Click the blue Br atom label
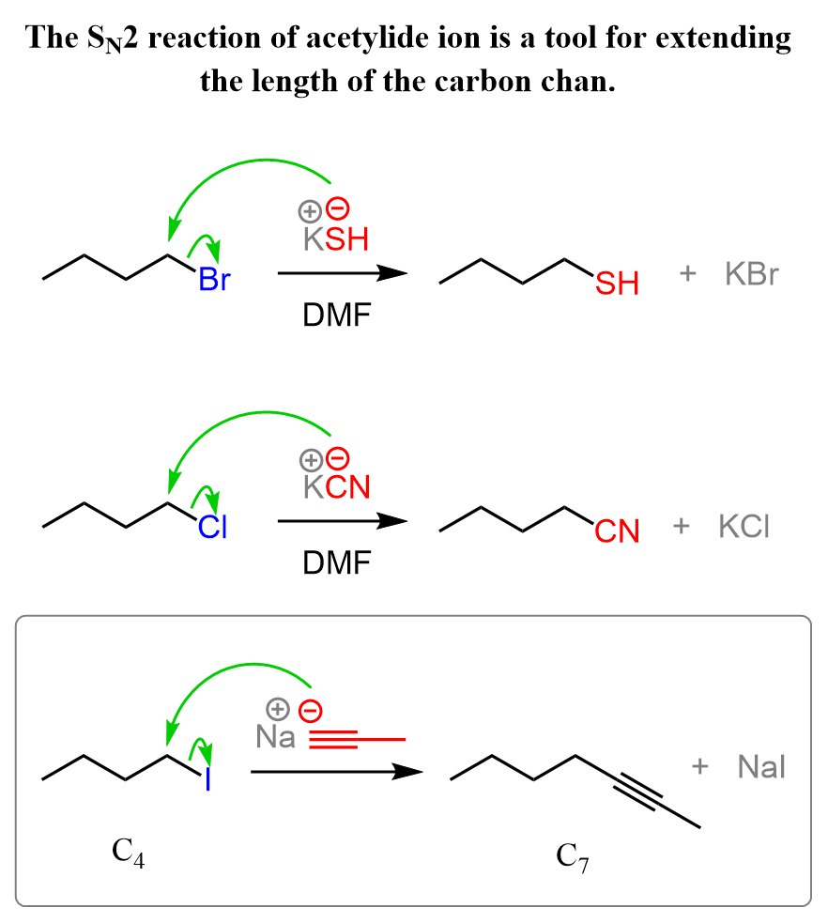tap(214, 281)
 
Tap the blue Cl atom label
tap(212, 530)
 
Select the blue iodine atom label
tap(207, 779)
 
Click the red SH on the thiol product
tap(617, 283)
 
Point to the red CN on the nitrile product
tap(617, 532)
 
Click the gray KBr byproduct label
tap(753, 275)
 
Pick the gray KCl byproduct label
tap(744, 527)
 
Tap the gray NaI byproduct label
tap(761, 768)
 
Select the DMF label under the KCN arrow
tap(336, 563)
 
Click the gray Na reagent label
tap(275, 737)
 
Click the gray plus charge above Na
tap(277, 708)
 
